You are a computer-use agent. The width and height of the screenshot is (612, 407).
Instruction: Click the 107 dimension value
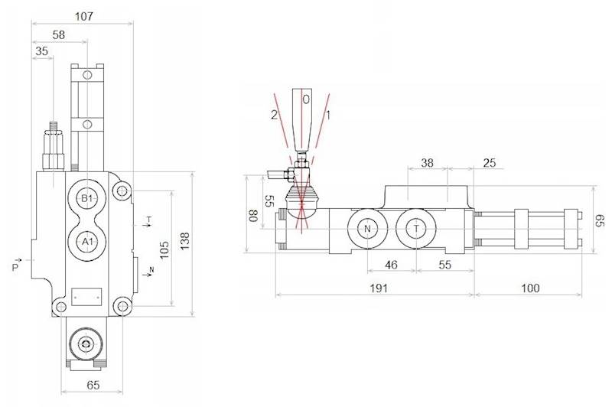[84, 16]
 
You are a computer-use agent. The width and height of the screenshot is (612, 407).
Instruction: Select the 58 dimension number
[57, 35]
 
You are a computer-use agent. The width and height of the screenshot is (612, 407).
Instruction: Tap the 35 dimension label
[41, 52]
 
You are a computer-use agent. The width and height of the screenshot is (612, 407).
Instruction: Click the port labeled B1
[87, 199]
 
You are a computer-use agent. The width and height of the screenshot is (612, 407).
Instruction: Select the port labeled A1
[87, 241]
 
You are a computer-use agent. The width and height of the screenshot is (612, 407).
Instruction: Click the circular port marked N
[366, 230]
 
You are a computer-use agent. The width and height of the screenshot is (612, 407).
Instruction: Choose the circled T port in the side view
[416, 230]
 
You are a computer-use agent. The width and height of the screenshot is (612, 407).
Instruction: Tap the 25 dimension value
[490, 164]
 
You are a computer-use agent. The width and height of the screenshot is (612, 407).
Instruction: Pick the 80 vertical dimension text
[252, 216]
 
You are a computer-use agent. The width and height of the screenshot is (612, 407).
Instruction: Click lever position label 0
[305, 99]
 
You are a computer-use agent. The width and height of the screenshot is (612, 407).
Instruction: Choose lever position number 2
[272, 115]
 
